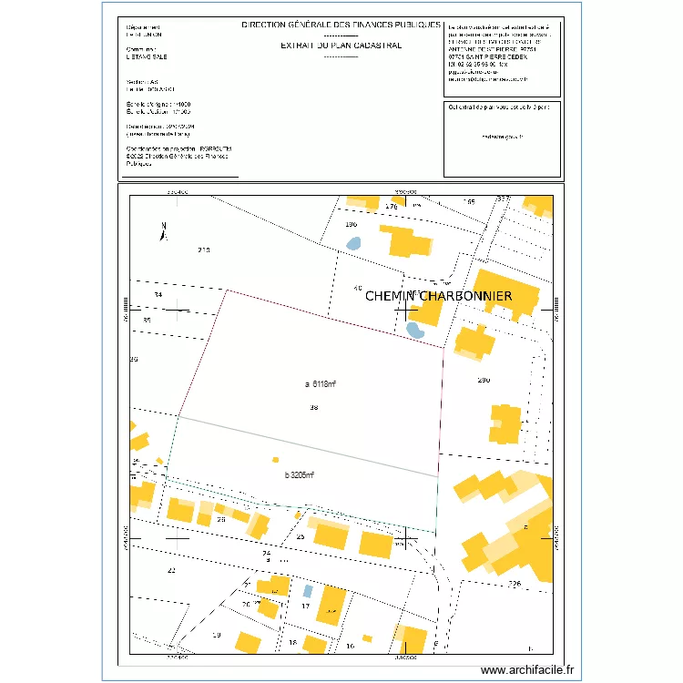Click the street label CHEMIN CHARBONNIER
pos(438,296)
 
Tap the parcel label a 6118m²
pos(327,383)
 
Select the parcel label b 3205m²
pos(299,475)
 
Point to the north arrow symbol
pos(164,231)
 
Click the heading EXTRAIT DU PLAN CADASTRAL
pos(341,45)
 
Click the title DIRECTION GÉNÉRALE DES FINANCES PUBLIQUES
pos(341,25)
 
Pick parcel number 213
pos(204,250)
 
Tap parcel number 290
pos(484,380)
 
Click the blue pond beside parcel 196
pos(353,243)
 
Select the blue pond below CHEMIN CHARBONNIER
pos(414,330)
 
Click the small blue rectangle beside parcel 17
pos(307,590)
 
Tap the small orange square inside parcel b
pos(276,461)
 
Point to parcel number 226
pos(514,583)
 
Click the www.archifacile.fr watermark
pos(528,670)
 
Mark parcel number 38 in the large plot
pos(314,408)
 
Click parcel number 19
pos(216,635)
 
